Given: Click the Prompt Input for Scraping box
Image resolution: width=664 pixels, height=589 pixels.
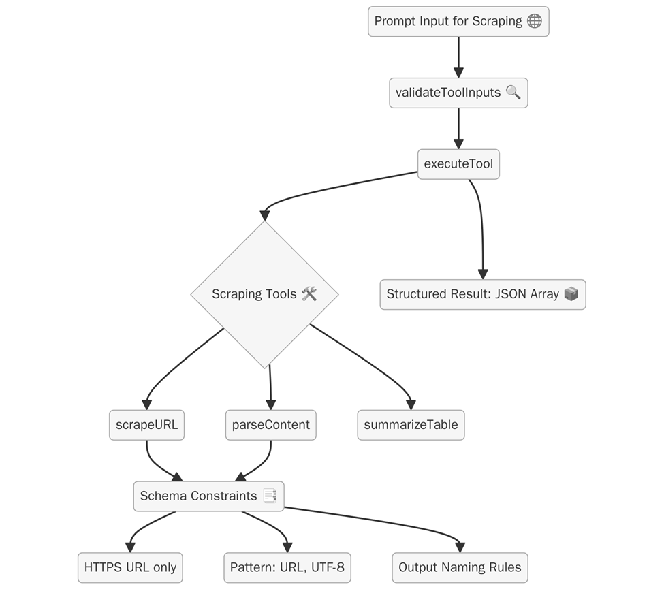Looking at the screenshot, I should (458, 21).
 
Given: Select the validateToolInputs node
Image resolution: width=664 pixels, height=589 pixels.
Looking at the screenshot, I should (458, 93).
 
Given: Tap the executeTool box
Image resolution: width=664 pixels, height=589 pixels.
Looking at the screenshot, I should (458, 164).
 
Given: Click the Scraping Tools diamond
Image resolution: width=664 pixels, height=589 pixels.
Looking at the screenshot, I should (264, 294).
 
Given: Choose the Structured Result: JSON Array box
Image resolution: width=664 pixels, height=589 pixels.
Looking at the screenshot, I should (482, 294).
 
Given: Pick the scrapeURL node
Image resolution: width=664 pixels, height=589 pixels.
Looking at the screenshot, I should (146, 425).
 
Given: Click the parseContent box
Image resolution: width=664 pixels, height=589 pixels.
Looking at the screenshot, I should (270, 425).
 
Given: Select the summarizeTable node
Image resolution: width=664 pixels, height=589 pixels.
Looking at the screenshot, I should (411, 425).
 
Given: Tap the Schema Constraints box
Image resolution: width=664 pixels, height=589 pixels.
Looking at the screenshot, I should (208, 496).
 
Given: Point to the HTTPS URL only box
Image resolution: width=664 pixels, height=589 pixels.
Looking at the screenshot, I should (130, 567).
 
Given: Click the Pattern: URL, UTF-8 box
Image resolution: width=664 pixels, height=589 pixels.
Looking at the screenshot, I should (287, 567).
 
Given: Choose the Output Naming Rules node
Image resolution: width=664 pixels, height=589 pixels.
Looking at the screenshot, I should (460, 567).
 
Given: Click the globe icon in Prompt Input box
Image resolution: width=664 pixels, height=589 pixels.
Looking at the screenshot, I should (535, 21).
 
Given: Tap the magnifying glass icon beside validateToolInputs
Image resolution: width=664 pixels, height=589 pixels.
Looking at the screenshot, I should (513, 93).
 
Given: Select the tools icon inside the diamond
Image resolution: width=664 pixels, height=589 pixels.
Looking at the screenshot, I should (309, 294).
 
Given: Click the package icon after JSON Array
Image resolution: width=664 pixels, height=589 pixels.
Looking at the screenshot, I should (571, 294).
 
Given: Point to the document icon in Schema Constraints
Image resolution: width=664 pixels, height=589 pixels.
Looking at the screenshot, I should (269, 496).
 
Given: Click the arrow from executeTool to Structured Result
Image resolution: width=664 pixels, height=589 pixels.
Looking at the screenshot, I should (481, 225).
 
